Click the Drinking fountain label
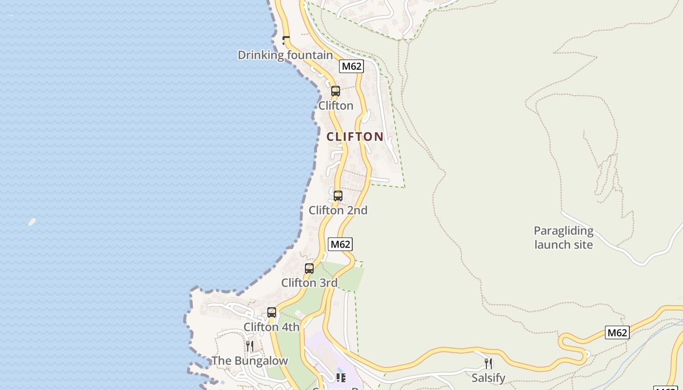pos(285,55)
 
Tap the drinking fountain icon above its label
pos(286,40)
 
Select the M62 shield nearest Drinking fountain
pos(351,66)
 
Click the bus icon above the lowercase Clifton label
pos(336,91)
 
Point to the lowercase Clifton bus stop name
pos(336,106)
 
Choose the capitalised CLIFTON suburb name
pos(355,137)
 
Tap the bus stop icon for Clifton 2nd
pos(338,196)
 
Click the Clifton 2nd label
pos(338,211)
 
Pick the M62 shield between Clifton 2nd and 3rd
pos(340,244)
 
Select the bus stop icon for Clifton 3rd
pos(309,269)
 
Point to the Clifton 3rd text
pos(309,283)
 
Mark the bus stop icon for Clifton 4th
pos(272,312)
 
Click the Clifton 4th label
pos(272,327)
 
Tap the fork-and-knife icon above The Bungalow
pos(250,346)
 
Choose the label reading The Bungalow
pos(250,361)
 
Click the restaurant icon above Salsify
pos(488,363)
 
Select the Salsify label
pos(488,378)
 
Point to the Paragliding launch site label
pos(563,238)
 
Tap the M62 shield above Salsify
pos(617,332)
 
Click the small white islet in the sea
pos(32,222)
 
